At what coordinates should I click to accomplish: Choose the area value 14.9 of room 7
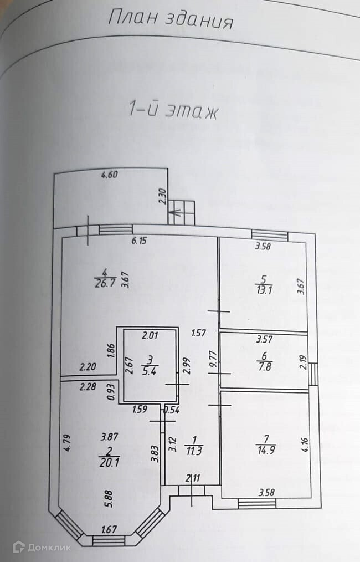263,448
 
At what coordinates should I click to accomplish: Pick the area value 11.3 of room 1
193,449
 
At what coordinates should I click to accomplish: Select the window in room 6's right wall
313,374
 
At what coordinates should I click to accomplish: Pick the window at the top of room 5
270,234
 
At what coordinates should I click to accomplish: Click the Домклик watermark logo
42,547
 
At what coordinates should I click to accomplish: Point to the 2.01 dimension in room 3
150,335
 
